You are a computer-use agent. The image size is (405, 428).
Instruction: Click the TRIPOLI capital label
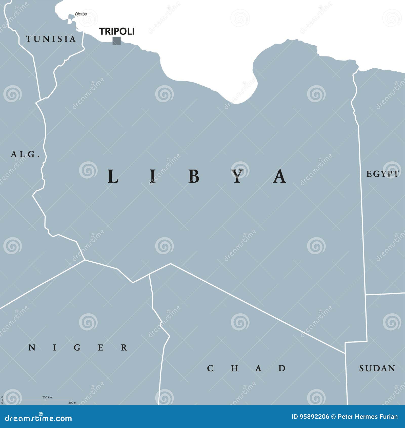point(117,31)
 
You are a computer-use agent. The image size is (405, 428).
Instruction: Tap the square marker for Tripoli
point(116,41)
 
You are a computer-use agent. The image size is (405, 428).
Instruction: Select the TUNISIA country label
point(51,39)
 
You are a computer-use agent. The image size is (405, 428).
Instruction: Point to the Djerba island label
point(81,14)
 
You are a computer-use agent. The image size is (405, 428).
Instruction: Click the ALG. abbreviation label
point(25,154)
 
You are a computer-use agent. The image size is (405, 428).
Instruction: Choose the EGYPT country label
point(382,174)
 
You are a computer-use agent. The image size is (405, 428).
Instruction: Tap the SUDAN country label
point(377,368)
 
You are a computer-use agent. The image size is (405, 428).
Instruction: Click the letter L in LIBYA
point(113,177)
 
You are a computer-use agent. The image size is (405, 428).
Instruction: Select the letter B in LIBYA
point(194,177)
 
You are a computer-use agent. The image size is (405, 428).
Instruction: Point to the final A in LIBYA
point(280,177)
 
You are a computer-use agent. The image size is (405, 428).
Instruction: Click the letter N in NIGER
point(32,348)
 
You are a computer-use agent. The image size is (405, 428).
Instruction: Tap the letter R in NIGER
point(124,348)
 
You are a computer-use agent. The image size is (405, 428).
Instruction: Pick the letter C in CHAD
point(210,368)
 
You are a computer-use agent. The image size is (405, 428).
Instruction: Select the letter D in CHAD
point(282,368)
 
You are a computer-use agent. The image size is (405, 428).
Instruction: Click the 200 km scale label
point(47,397)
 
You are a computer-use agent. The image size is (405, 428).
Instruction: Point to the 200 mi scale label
point(73,403)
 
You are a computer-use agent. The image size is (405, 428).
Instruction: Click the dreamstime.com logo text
point(38,418)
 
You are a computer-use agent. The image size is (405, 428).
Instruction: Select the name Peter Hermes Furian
point(368,417)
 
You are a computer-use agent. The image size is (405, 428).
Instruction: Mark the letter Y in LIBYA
point(238,177)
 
